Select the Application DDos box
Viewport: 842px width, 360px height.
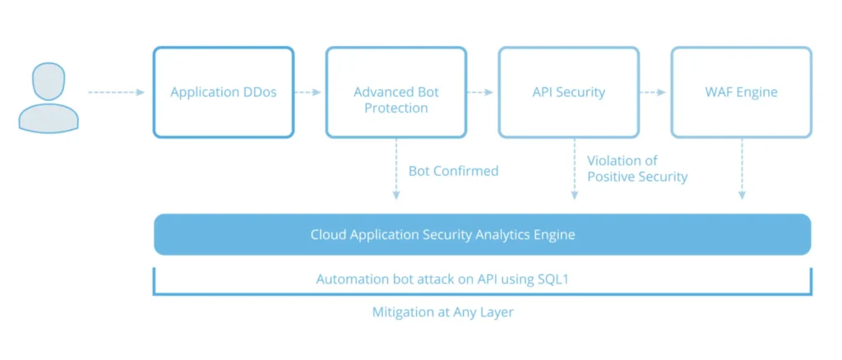pos(223,92)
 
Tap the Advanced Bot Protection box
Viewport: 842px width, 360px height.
pos(396,92)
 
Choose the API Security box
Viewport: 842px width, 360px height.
pos(568,92)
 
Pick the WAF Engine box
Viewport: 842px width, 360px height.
pos(741,92)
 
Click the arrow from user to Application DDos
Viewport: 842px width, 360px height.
pos(116,92)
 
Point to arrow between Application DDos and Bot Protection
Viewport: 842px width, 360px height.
pos(308,92)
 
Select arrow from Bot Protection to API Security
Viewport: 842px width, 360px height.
pos(480,92)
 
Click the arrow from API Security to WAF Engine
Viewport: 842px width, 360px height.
pos(653,92)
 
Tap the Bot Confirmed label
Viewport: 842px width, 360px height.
pos(453,171)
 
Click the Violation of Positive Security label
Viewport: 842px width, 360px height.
pos(637,168)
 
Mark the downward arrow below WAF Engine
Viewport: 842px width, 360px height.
pos(743,168)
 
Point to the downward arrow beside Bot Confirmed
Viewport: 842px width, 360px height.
pos(396,168)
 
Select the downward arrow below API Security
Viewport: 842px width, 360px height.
pos(574,168)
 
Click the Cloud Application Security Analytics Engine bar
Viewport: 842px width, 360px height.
pos(482,235)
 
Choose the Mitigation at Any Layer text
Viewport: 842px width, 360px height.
pos(443,312)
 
